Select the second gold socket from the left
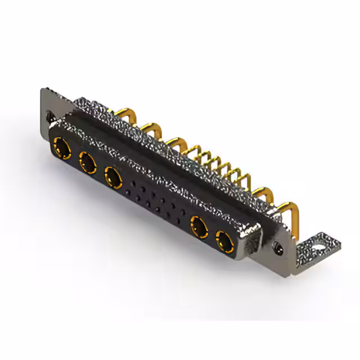(88, 163)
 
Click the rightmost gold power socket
(224, 242)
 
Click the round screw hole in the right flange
(277, 246)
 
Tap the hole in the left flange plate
(49, 117)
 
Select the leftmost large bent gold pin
(124, 114)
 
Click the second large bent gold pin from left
(151, 128)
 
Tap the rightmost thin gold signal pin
(246, 179)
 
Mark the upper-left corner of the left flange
(43, 91)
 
